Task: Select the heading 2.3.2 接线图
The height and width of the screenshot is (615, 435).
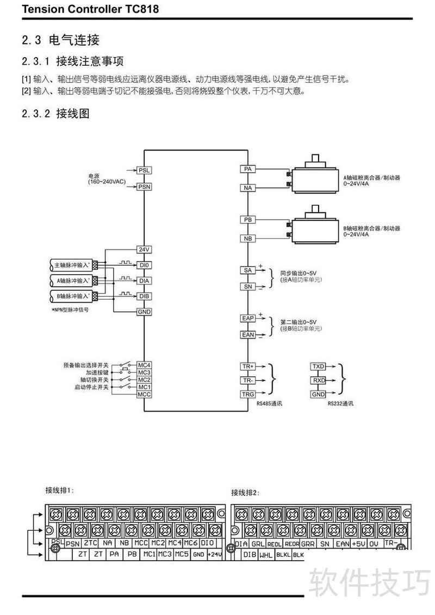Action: click(x=55, y=114)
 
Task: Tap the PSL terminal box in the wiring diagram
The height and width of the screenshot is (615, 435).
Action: click(x=144, y=170)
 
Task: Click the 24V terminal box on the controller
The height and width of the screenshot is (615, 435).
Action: click(x=144, y=249)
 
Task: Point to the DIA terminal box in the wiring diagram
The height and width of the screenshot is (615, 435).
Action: click(x=144, y=281)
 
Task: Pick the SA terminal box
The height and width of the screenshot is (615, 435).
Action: click(x=248, y=270)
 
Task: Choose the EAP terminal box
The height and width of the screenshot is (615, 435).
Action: click(x=248, y=319)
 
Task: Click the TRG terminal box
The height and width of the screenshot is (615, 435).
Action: click(x=248, y=394)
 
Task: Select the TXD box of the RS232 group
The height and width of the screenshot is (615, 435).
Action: click(x=318, y=367)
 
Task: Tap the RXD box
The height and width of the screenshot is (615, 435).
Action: click(x=318, y=381)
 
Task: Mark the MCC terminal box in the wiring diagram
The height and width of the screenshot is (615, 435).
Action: click(x=144, y=394)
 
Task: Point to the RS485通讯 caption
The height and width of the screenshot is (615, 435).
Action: click(x=270, y=404)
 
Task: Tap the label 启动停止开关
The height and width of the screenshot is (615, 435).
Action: click(x=92, y=387)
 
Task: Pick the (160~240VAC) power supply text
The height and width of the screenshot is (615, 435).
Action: click(x=107, y=182)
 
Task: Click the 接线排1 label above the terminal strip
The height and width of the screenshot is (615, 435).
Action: click(x=59, y=490)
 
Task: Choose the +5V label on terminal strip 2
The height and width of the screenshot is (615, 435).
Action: click(x=359, y=543)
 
